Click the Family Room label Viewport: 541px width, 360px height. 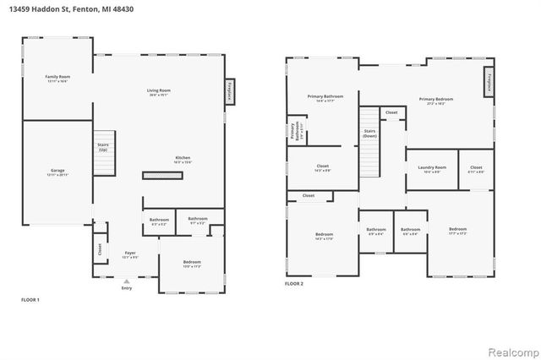57,79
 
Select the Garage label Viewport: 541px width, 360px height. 57,172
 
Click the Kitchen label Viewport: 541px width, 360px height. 183,160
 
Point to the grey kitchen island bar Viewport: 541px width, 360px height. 161,175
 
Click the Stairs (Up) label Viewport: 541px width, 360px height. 103,147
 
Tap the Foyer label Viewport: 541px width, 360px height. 130,254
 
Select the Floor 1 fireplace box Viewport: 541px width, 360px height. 228,91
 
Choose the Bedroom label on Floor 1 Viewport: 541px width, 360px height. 192,263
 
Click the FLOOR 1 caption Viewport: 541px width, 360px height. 30,299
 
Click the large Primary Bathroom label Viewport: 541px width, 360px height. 325,98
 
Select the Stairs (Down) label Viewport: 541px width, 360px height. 369,134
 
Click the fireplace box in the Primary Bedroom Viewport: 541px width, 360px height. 489,84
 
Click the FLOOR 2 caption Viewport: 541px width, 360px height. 294,284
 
